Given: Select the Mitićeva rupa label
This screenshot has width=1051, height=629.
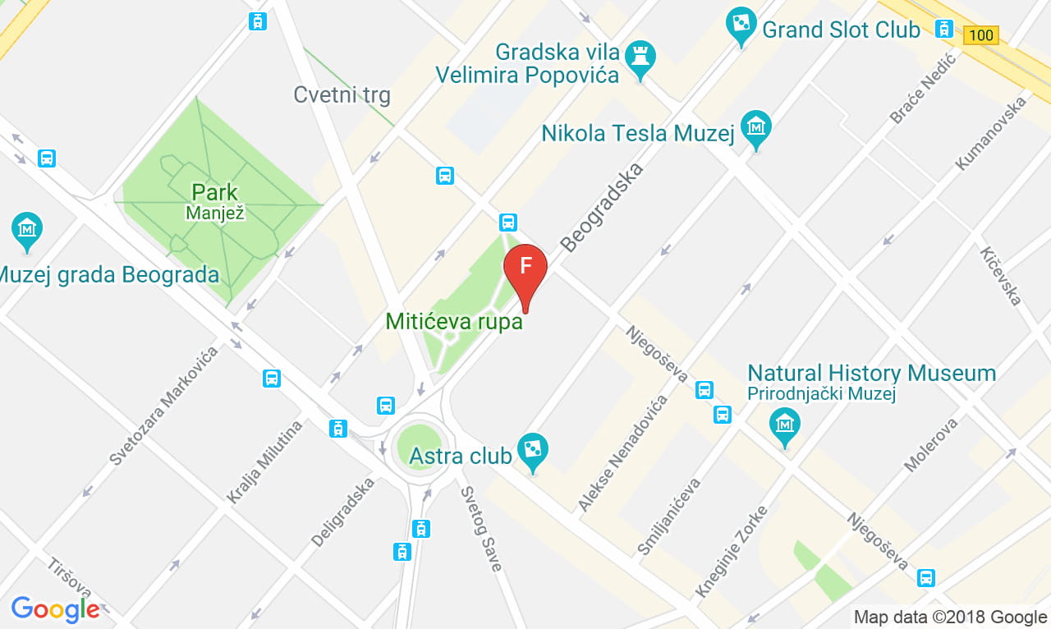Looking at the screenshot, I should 454,321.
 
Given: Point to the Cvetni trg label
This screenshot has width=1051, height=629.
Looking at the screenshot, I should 342,95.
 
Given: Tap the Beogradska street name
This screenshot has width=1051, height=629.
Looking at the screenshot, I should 602,206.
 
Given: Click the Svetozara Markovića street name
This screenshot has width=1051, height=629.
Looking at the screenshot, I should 164,406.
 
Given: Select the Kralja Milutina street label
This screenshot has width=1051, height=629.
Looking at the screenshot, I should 264,461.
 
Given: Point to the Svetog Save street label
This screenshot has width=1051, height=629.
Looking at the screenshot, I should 480,529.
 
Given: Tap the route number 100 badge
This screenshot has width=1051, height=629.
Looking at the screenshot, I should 981,35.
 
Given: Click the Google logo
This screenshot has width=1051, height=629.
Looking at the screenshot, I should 55,609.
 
